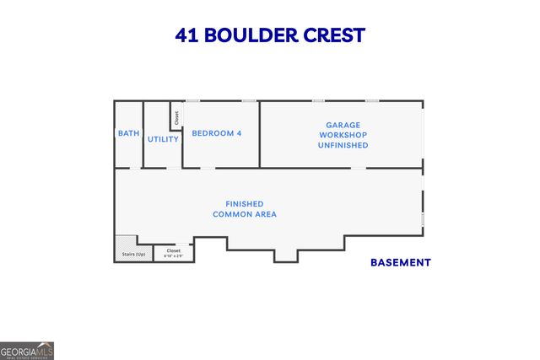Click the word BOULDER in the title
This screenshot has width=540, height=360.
click(x=251, y=35)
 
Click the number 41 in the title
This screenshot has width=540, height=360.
click(x=186, y=35)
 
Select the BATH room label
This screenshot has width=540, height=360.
click(x=128, y=133)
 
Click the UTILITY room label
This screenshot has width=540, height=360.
click(x=163, y=139)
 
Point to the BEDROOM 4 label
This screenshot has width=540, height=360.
click(x=217, y=133)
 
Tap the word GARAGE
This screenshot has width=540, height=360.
click(x=343, y=125)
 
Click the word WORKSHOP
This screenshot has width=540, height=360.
click(x=343, y=135)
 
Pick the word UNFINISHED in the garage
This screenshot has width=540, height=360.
click(x=343, y=145)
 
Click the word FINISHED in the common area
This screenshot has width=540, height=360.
click(x=244, y=204)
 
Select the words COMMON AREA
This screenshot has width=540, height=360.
click(x=244, y=214)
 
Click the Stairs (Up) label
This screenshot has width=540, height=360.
click(x=134, y=254)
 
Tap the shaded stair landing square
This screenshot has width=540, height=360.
click(x=126, y=242)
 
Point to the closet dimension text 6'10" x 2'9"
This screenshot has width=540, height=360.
click(x=174, y=255)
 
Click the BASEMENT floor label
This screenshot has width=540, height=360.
click(x=400, y=262)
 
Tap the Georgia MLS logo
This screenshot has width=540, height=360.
click(x=27, y=351)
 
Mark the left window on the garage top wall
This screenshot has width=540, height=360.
click(x=318, y=101)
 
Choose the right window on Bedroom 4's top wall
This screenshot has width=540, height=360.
click(x=249, y=101)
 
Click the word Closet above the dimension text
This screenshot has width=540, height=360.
click(x=174, y=250)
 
